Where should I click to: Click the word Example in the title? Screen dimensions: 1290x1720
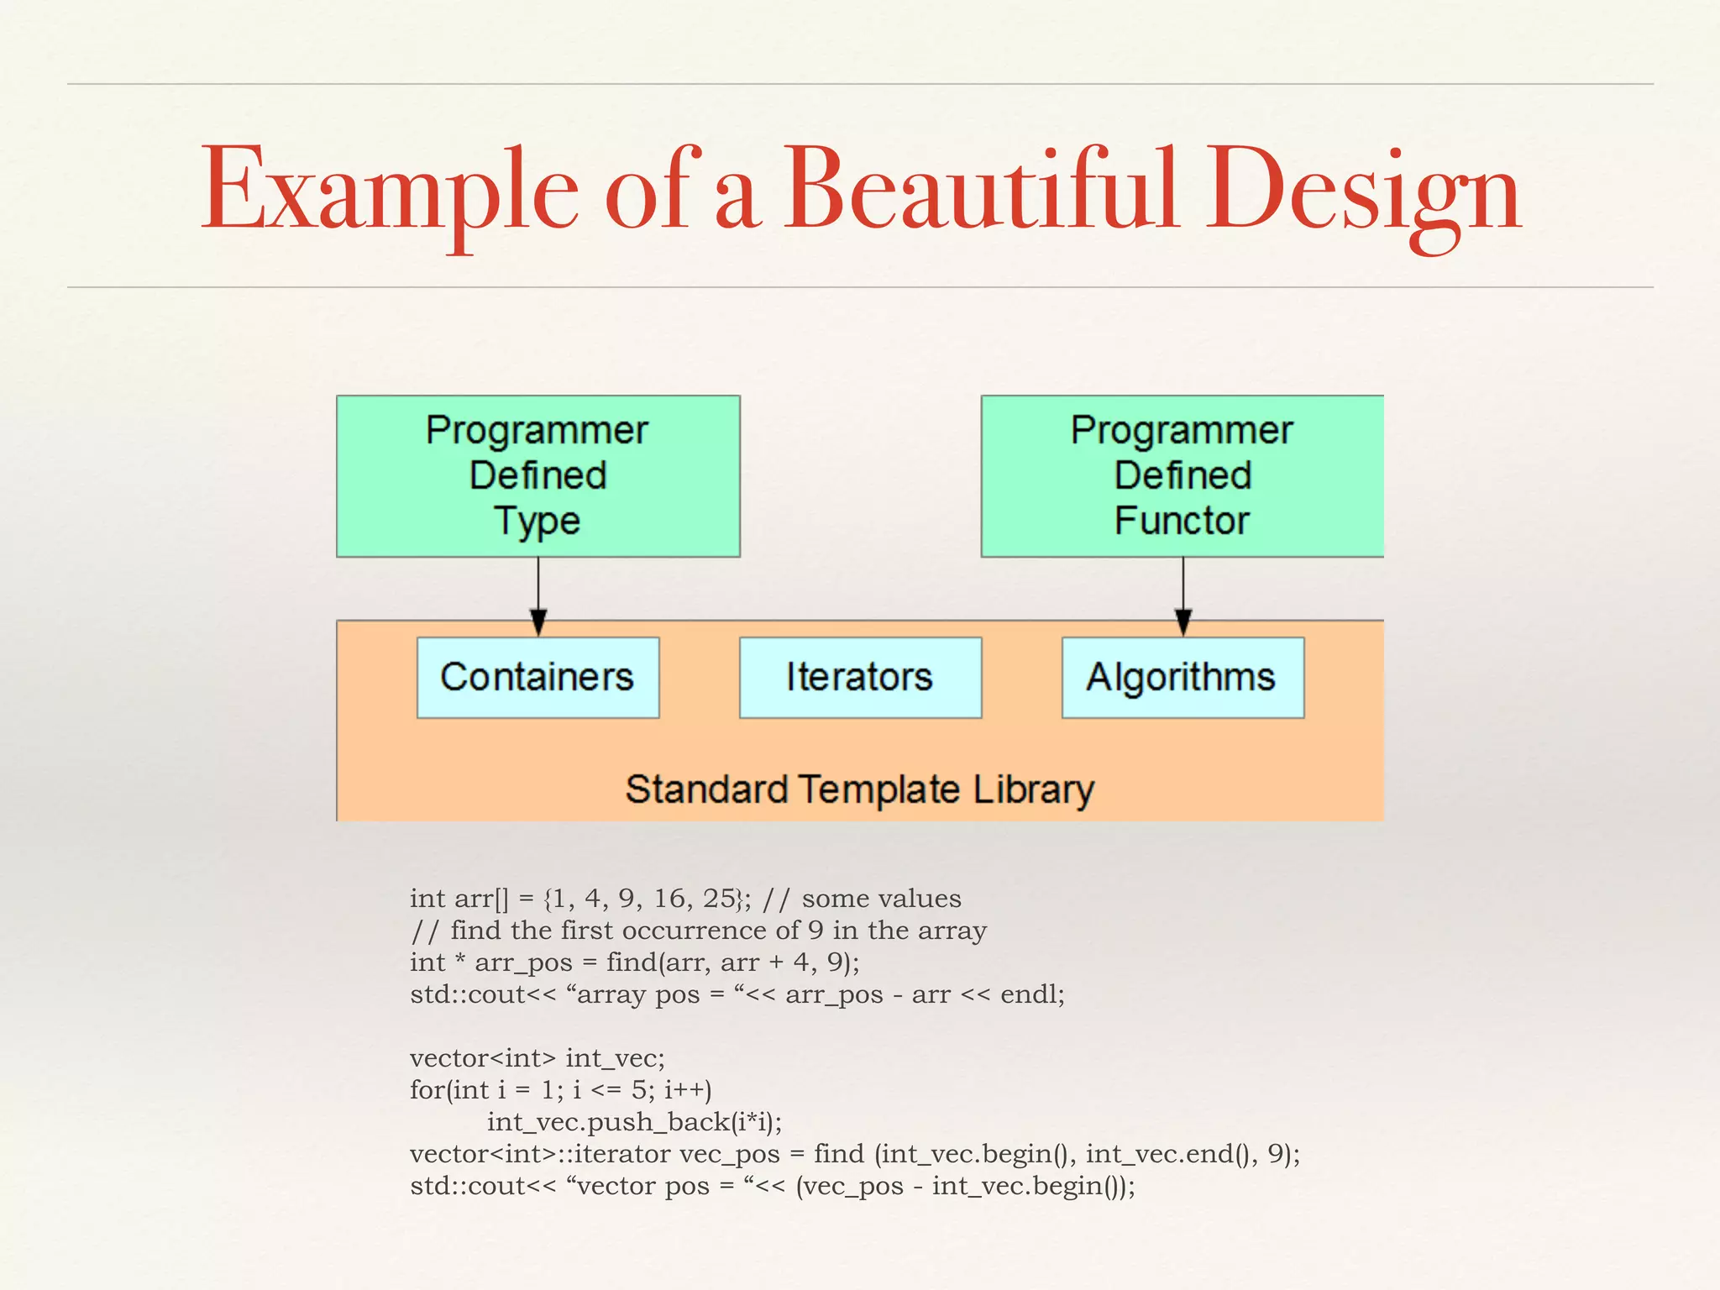[x=388, y=191]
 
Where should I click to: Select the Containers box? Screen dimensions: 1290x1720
[x=537, y=677]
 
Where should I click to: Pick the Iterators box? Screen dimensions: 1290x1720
[x=860, y=677]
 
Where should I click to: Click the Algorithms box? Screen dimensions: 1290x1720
[x=1182, y=677]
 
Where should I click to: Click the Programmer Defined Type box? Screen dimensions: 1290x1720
[x=537, y=475]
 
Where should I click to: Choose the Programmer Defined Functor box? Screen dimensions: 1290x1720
[x=1182, y=475]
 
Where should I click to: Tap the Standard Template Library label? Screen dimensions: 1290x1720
[x=859, y=789]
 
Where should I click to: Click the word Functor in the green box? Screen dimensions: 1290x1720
[x=1182, y=521]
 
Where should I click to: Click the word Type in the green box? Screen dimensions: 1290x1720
[x=537, y=522]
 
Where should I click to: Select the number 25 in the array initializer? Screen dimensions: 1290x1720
[x=719, y=899]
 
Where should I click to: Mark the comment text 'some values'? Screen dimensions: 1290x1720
[x=881, y=899]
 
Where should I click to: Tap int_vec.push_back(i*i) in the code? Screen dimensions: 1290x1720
[x=634, y=1122]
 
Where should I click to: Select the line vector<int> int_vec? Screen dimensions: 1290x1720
[x=537, y=1058]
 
